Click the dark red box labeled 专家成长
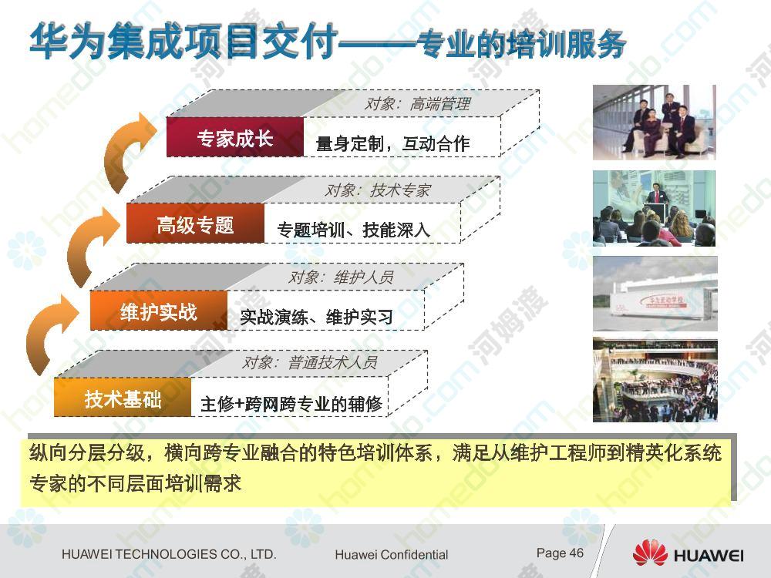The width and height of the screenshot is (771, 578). tap(235, 137)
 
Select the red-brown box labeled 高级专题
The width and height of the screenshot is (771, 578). tap(195, 223)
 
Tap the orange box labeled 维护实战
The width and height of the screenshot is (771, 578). tap(159, 310)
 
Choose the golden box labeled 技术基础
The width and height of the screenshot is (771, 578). tap(123, 397)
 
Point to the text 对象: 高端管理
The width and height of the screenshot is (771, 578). tap(417, 103)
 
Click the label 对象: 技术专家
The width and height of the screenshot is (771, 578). tap(378, 190)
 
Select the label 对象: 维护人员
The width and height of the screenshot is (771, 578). tap(341, 277)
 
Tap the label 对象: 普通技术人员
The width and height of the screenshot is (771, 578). tap(310, 362)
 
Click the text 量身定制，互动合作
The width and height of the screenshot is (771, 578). tap(392, 143)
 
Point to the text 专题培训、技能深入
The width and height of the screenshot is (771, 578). tap(354, 230)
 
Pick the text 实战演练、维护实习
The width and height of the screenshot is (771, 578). tap(317, 317)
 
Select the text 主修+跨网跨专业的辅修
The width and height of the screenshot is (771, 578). tap(291, 404)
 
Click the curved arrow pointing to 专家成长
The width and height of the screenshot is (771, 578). tap(127, 150)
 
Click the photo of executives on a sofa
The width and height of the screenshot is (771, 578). tap(654, 122)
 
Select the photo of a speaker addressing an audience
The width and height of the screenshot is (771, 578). tap(654, 208)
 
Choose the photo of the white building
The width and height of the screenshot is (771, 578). tap(655, 294)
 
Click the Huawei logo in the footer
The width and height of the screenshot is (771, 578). tap(688, 553)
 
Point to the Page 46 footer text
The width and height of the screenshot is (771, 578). tap(560, 553)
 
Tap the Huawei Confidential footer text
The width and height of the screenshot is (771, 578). tap(392, 554)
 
